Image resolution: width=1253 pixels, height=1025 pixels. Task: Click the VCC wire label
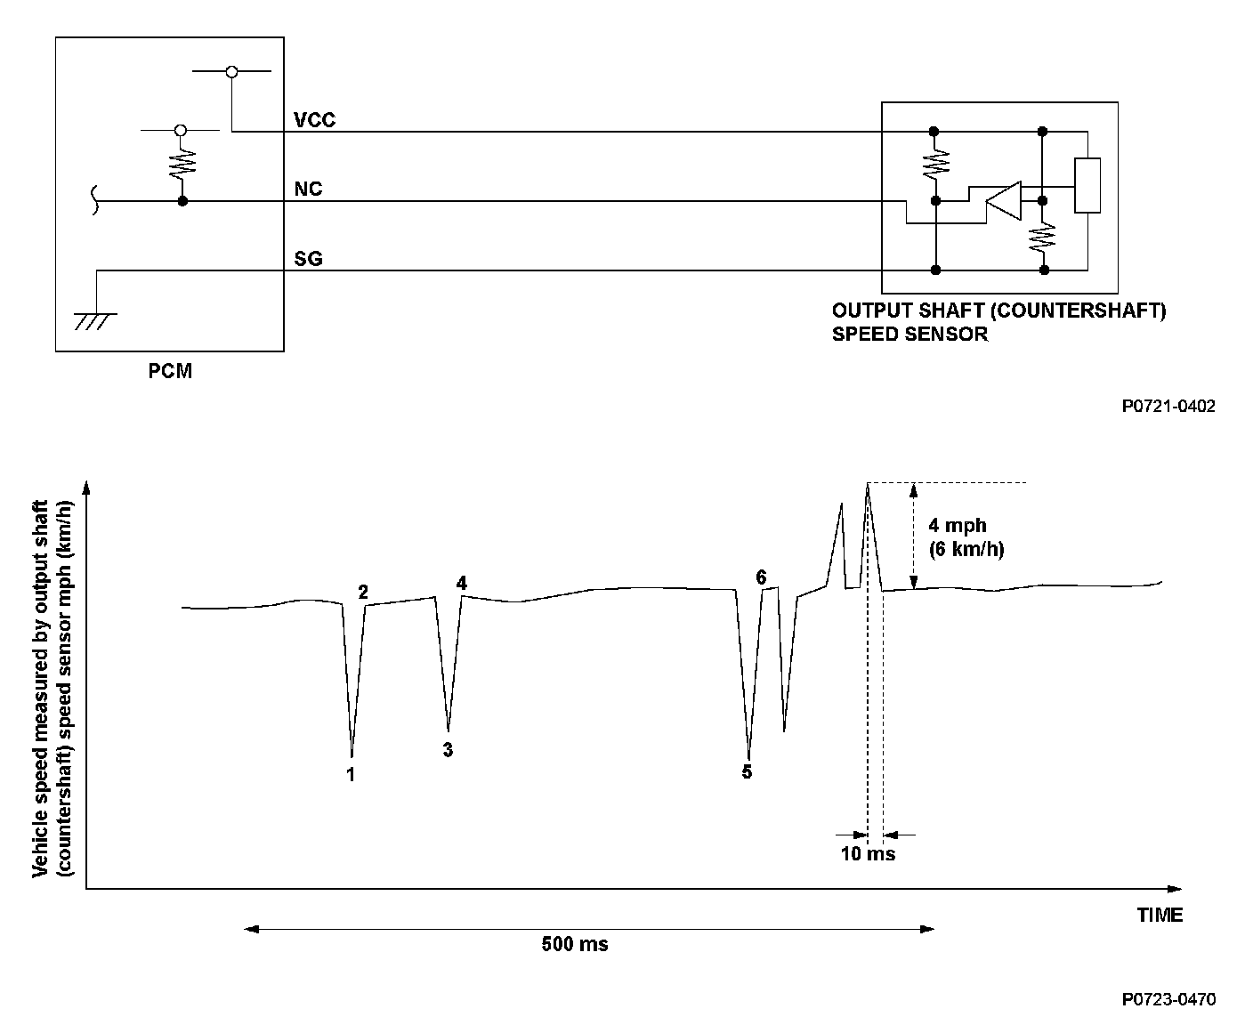pyautogui.click(x=314, y=120)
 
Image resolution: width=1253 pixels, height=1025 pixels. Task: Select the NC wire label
pyautogui.click(x=308, y=190)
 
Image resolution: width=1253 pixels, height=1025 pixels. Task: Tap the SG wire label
pyautogui.click(x=308, y=259)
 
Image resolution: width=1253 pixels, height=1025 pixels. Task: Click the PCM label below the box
pyautogui.click(x=170, y=371)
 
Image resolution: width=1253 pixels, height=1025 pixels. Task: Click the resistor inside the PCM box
pyautogui.click(x=182, y=165)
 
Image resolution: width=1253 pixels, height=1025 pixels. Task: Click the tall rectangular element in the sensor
pyautogui.click(x=1087, y=185)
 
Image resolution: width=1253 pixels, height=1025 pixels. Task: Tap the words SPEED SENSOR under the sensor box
pyautogui.click(x=909, y=335)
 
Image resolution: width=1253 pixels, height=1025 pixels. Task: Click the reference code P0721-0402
pyautogui.click(x=1168, y=407)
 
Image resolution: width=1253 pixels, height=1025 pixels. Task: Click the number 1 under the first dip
pyautogui.click(x=351, y=774)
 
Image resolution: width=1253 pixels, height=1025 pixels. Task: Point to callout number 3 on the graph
pyautogui.click(x=448, y=750)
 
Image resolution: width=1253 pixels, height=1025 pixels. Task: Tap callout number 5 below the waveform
pyautogui.click(x=747, y=771)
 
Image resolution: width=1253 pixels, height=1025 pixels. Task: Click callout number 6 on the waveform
pyautogui.click(x=761, y=577)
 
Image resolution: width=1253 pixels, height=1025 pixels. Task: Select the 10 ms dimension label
pyautogui.click(x=868, y=854)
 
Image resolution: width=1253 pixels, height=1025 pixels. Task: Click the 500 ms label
pyautogui.click(x=575, y=944)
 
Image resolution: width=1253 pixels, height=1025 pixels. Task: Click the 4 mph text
pyautogui.click(x=958, y=526)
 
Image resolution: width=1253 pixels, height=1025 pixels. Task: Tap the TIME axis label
pyautogui.click(x=1160, y=915)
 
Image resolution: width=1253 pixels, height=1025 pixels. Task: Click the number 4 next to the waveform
pyautogui.click(x=461, y=583)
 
